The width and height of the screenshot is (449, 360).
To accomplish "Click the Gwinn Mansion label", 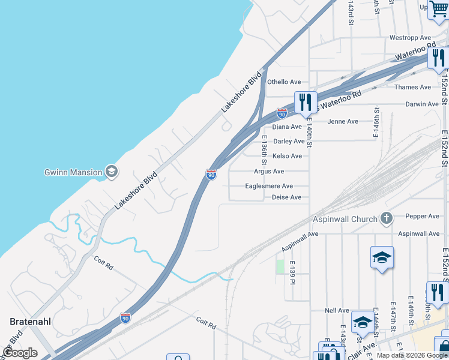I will (73, 172).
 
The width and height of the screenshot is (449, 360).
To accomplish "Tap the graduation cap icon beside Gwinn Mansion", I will (111, 172).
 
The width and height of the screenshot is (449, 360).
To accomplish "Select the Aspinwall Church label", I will (345, 219).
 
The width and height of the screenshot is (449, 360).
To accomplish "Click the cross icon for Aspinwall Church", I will (387, 218).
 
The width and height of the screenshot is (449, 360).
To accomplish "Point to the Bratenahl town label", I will (31, 322).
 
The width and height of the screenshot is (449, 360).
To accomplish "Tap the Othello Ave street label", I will (284, 82).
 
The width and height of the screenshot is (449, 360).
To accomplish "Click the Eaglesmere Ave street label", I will (269, 186).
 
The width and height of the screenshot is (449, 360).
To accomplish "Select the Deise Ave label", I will (286, 197).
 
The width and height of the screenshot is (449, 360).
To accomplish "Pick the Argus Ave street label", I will (269, 172).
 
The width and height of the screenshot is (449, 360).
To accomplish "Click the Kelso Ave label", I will (287, 156).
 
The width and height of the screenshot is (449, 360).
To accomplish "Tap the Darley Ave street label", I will (289, 142).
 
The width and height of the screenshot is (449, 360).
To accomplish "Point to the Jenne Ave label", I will (343, 122).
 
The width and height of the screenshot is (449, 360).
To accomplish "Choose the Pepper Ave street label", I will (423, 216).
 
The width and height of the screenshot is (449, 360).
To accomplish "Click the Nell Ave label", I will (337, 311).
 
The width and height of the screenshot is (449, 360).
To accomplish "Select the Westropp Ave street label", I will (411, 38).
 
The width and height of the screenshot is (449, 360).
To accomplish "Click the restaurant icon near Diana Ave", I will (306, 103).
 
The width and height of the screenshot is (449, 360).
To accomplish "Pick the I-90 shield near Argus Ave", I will (211, 174).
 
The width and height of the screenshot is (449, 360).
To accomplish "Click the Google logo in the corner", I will (20, 353).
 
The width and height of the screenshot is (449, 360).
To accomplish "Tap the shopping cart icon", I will (439, 9).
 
